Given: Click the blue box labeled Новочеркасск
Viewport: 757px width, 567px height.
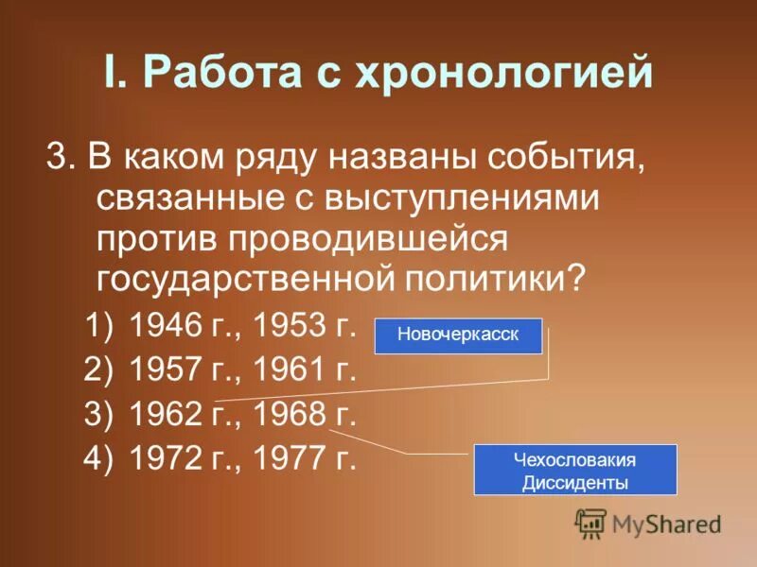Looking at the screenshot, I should click(x=458, y=335).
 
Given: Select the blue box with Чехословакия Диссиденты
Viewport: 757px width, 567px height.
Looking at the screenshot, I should click(x=574, y=470).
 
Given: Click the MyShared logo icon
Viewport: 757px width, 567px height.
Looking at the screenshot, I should click(x=590, y=523).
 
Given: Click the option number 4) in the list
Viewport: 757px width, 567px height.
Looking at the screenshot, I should click(x=98, y=458).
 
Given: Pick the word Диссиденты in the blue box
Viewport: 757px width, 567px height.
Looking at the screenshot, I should click(x=574, y=482).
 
